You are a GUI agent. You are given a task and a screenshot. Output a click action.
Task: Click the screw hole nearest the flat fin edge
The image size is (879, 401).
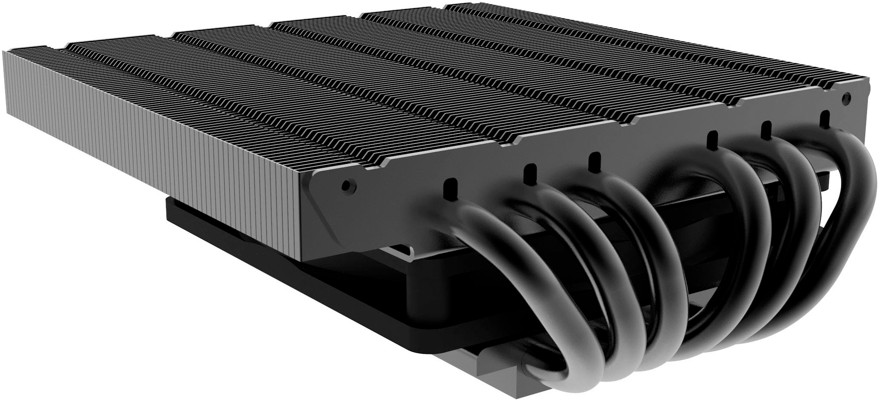346,185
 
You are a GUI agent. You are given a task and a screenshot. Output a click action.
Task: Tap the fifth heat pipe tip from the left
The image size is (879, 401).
766,130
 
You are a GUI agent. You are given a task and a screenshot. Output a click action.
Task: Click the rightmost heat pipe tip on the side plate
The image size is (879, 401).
822,119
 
